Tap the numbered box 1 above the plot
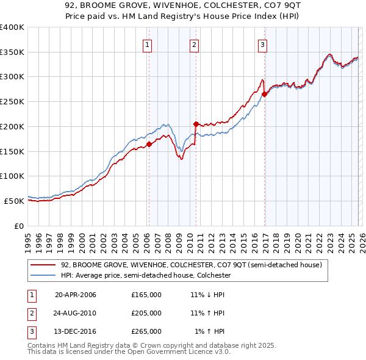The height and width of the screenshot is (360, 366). (x=148, y=44)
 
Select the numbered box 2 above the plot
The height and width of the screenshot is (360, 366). (x=194, y=44)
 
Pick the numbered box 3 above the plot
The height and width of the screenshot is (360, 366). (x=262, y=44)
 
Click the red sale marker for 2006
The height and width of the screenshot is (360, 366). (x=149, y=144)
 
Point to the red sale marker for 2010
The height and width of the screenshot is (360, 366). (x=196, y=124)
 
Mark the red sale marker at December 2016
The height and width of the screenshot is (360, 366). (x=265, y=94)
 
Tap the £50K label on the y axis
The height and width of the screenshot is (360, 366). (x=14, y=201)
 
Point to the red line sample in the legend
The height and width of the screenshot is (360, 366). (x=44, y=265)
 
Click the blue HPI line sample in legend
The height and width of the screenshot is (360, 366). (x=44, y=275)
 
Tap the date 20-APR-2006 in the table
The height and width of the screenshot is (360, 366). (x=76, y=295)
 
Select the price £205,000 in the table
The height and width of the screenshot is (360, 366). (x=146, y=313)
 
